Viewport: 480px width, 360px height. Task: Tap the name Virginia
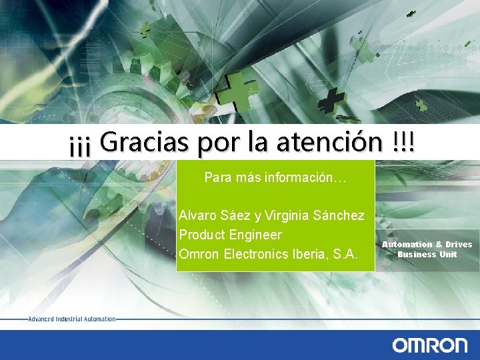[x=289, y=215]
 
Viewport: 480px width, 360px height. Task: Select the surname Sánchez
[x=341, y=215]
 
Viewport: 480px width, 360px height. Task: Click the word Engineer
[x=255, y=235]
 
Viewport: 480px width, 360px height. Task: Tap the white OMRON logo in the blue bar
[x=429, y=345]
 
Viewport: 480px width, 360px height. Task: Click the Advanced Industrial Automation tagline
[x=72, y=319]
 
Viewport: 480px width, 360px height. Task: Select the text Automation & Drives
[x=427, y=245]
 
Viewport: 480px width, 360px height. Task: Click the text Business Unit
[x=427, y=254]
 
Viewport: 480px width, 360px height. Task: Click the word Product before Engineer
[x=202, y=235]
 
